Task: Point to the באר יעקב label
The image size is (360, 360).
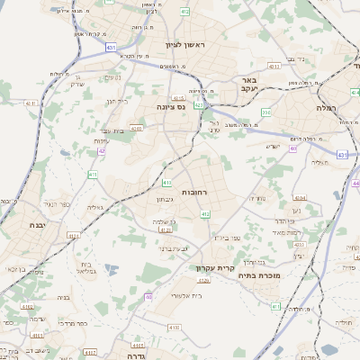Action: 249,85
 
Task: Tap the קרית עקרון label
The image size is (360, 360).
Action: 214,267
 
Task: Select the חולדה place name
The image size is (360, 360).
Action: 344,322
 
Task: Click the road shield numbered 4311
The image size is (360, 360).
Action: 31,103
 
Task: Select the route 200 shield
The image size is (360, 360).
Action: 266,112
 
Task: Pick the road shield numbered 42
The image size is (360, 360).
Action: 102,151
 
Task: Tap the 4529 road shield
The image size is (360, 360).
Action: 204,282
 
